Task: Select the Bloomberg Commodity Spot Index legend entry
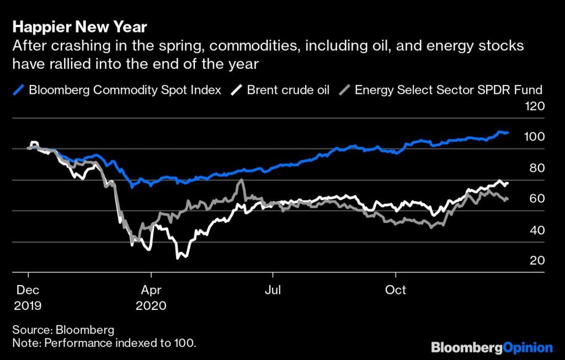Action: pyautogui.click(x=124, y=90)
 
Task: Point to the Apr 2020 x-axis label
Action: pyautogui.click(x=151, y=297)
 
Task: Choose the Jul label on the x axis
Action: pyautogui.click(x=271, y=289)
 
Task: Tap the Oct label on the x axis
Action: pyautogui.click(x=395, y=289)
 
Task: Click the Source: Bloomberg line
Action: pyautogui.click(x=63, y=330)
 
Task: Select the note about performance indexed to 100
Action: pyautogui.click(x=104, y=343)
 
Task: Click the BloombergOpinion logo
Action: pyautogui.click(x=492, y=347)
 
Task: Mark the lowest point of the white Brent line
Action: pyautogui.click(x=178, y=257)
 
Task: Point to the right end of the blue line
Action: pyautogui.click(x=507, y=133)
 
